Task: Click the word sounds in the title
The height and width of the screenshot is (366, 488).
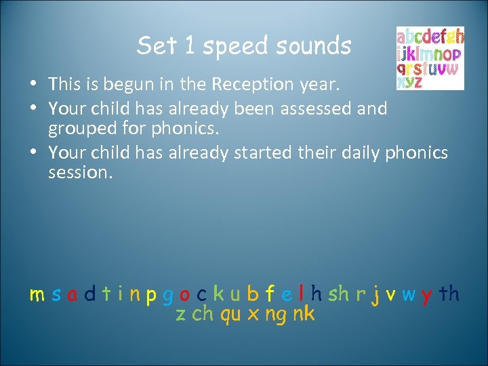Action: tap(312, 46)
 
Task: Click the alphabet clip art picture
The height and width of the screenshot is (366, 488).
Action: tap(430, 58)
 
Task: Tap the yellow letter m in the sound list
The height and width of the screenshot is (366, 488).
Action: tap(37, 295)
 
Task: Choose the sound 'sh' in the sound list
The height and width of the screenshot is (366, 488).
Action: tap(339, 294)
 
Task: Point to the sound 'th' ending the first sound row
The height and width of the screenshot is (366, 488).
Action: tap(449, 294)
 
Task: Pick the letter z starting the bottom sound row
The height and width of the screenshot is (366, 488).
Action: tap(180, 314)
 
